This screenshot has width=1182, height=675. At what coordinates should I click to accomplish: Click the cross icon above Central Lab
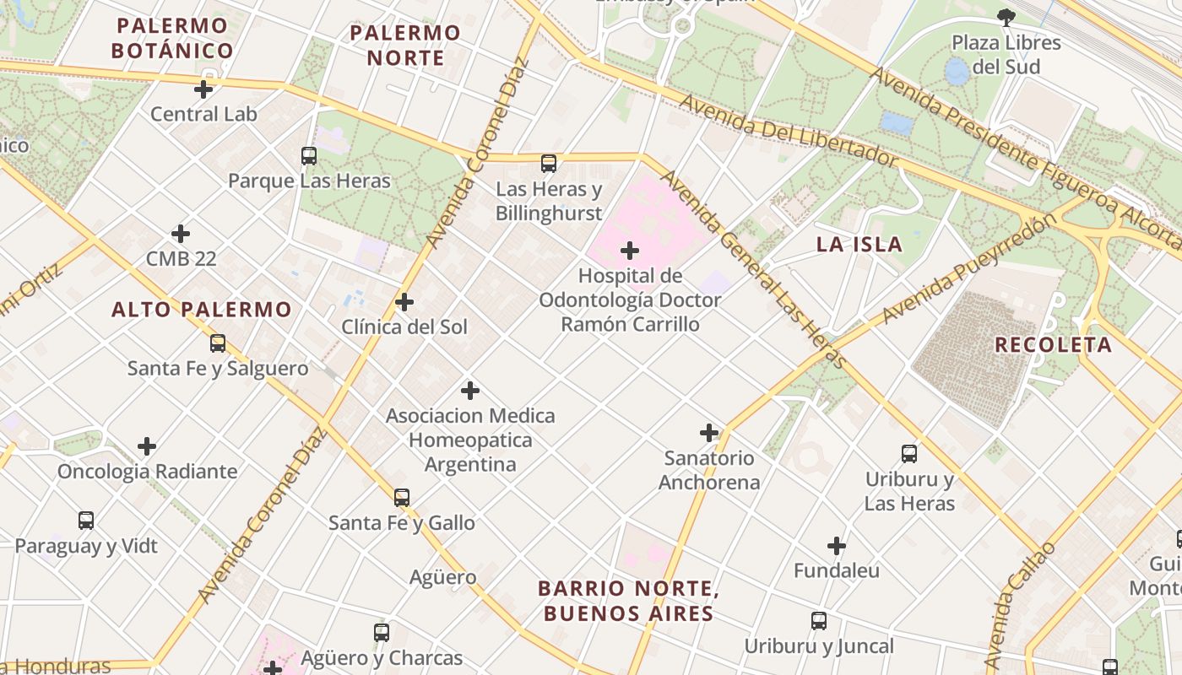point(203,89)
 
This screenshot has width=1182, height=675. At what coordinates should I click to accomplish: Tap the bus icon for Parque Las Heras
point(309,155)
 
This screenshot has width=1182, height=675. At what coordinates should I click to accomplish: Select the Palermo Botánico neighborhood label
point(172,38)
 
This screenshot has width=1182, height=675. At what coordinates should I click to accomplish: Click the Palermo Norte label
point(405,46)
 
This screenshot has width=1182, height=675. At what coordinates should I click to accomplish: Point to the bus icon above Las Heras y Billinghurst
point(549,164)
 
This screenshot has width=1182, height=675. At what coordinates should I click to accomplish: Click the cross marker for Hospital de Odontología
point(630,251)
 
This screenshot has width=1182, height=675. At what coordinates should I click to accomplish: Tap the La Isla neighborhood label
point(859,245)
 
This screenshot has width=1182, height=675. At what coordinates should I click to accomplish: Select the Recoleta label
point(1053,344)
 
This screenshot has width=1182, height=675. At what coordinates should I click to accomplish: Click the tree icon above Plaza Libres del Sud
point(1006,16)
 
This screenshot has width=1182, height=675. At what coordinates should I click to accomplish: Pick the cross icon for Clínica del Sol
point(404,301)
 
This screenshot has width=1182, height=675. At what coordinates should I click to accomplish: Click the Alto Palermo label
point(202,310)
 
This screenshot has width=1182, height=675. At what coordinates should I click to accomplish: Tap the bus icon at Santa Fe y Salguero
point(218,343)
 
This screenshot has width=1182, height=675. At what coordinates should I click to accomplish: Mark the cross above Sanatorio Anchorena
point(709,433)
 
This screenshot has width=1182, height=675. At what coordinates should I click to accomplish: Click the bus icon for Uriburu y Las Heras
point(909,454)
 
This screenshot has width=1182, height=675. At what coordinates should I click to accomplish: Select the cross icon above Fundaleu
point(837,546)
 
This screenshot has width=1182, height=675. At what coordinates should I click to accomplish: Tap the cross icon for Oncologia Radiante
point(147,445)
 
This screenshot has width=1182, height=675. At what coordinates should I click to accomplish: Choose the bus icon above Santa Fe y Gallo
point(402,498)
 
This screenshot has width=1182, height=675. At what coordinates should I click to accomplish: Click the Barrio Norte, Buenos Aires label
point(629,601)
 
